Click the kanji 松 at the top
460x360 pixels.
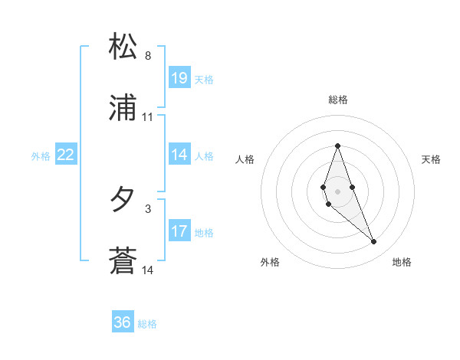point(123,47)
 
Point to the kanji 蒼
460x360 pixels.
point(123,261)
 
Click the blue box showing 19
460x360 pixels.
point(179,77)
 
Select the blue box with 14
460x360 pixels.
point(179,154)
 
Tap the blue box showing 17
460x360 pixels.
point(179,231)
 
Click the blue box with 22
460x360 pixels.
point(66,155)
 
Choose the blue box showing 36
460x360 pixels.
point(123,322)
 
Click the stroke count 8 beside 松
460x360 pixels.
point(148,56)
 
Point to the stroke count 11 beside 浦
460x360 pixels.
point(148,117)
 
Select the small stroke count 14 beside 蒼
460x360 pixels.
point(148,270)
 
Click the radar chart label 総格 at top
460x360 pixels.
point(338,100)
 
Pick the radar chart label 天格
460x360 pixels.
point(432,159)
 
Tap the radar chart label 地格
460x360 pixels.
point(402,262)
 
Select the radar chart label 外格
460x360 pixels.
point(270,262)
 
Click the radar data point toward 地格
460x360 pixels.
point(374,242)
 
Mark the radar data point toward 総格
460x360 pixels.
point(337,146)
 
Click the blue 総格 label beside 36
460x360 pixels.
point(147,324)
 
